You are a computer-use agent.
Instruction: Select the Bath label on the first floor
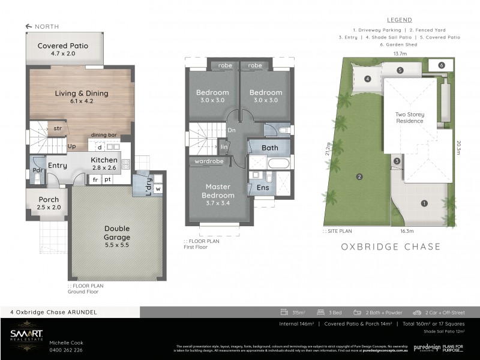coord(269,148)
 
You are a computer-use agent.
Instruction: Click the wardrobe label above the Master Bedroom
coord(208,161)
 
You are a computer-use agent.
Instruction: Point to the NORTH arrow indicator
coord(42,26)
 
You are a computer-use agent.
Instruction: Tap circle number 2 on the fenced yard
coord(359,176)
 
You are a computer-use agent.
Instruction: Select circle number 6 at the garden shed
coord(441,65)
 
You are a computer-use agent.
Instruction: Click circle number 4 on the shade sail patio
coord(367,79)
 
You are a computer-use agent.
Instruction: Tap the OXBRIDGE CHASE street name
coord(391,247)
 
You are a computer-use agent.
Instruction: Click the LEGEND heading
coord(399,20)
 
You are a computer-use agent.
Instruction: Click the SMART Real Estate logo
coord(25,337)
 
